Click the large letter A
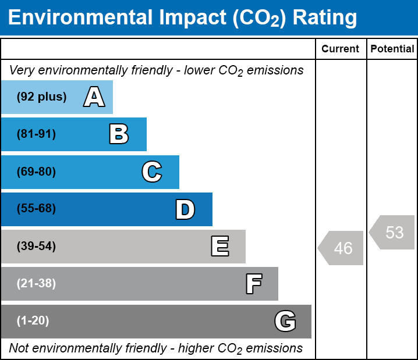click(x=94, y=97)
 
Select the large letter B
click(x=119, y=134)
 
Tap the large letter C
click(x=151, y=172)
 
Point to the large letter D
click(x=185, y=209)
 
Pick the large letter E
click(x=219, y=247)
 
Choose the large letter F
click(x=253, y=284)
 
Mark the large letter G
click(x=285, y=321)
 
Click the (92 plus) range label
click(x=41, y=97)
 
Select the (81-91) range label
click(x=36, y=134)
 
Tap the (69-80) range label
click(x=36, y=172)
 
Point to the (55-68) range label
click(x=36, y=209)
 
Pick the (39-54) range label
click(x=36, y=247)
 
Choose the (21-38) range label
click(x=36, y=284)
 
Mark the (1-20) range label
click(x=33, y=321)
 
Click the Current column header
click(x=341, y=49)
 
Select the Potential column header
click(x=392, y=49)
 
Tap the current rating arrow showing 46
click(x=341, y=248)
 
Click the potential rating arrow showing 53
click(x=392, y=232)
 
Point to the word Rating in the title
click(x=325, y=18)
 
